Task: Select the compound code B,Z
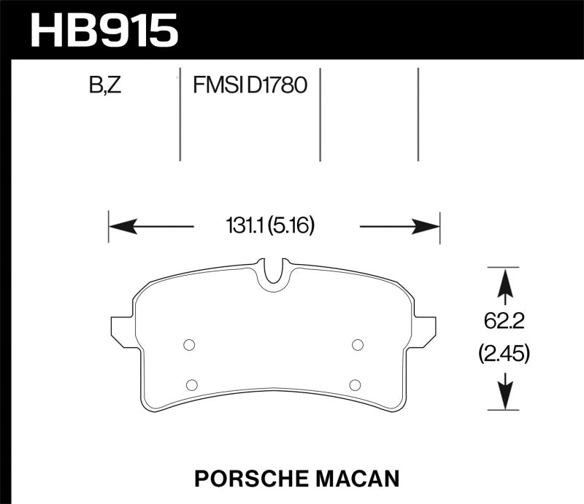(106, 86)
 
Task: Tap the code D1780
(277, 86)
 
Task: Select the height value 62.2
(503, 318)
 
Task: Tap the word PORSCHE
(246, 478)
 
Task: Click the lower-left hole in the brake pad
(192, 384)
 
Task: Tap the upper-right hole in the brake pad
(358, 345)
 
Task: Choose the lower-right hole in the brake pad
(354, 384)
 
